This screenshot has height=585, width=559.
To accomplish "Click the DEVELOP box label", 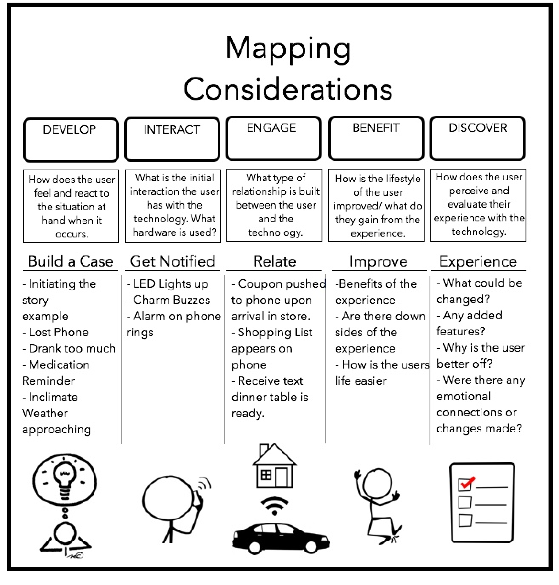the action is pyautogui.click(x=70, y=130).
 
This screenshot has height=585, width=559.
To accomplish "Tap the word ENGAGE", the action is pyautogui.click(x=271, y=128).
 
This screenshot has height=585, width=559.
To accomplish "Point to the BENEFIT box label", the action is pyautogui.click(x=376, y=128).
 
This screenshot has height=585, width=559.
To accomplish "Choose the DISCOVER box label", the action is pyautogui.click(x=478, y=128).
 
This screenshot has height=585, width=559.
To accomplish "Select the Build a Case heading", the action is pyautogui.click(x=71, y=261).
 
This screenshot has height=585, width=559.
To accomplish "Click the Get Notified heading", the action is pyautogui.click(x=172, y=261).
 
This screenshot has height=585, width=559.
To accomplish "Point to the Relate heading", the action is pyautogui.click(x=275, y=261).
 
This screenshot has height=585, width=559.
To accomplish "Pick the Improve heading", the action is pyautogui.click(x=378, y=261).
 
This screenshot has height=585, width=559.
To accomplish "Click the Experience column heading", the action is pyautogui.click(x=478, y=261).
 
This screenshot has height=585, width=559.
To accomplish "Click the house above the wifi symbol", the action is pyautogui.click(x=274, y=467).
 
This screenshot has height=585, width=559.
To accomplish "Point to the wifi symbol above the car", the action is pyautogui.click(x=274, y=505).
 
